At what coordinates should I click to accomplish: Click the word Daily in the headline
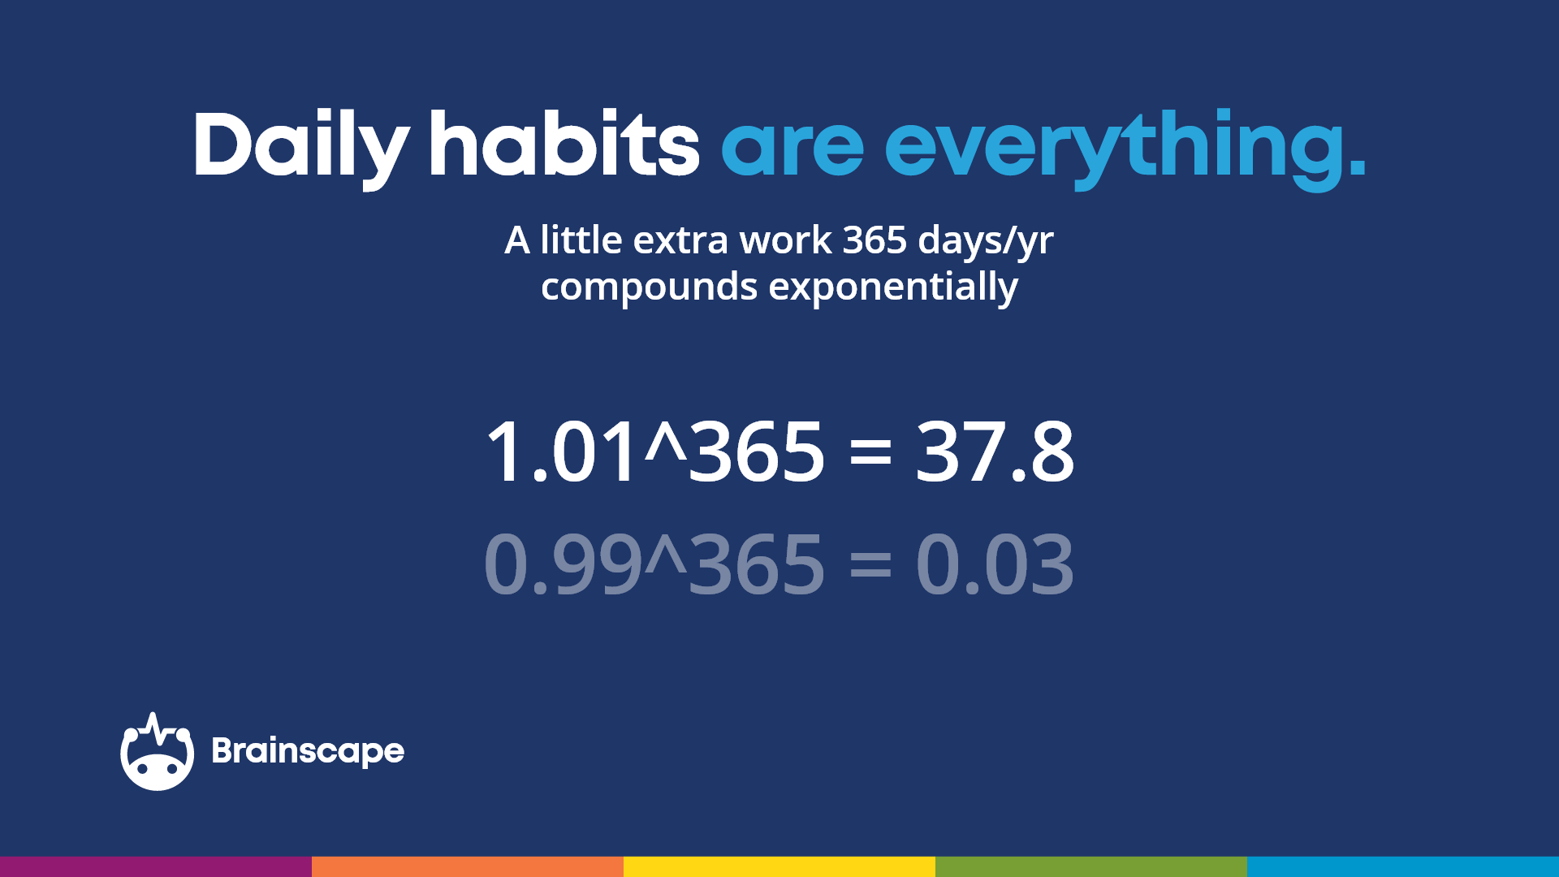(300, 146)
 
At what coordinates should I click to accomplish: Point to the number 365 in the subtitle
(875, 240)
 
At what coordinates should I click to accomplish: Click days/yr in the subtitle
(986, 242)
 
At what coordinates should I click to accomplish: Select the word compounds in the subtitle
(649, 287)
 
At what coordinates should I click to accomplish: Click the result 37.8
(995, 452)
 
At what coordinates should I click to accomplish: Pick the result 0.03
(995, 564)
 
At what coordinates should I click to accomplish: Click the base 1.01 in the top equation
(560, 452)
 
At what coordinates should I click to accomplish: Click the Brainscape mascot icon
(157, 753)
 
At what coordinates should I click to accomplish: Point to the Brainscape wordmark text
(308, 752)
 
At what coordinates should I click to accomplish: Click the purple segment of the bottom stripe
(156, 866)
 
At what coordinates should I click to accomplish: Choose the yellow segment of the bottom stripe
(779, 866)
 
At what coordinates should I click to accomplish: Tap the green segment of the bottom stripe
(1091, 866)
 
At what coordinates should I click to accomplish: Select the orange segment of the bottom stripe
(468, 866)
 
